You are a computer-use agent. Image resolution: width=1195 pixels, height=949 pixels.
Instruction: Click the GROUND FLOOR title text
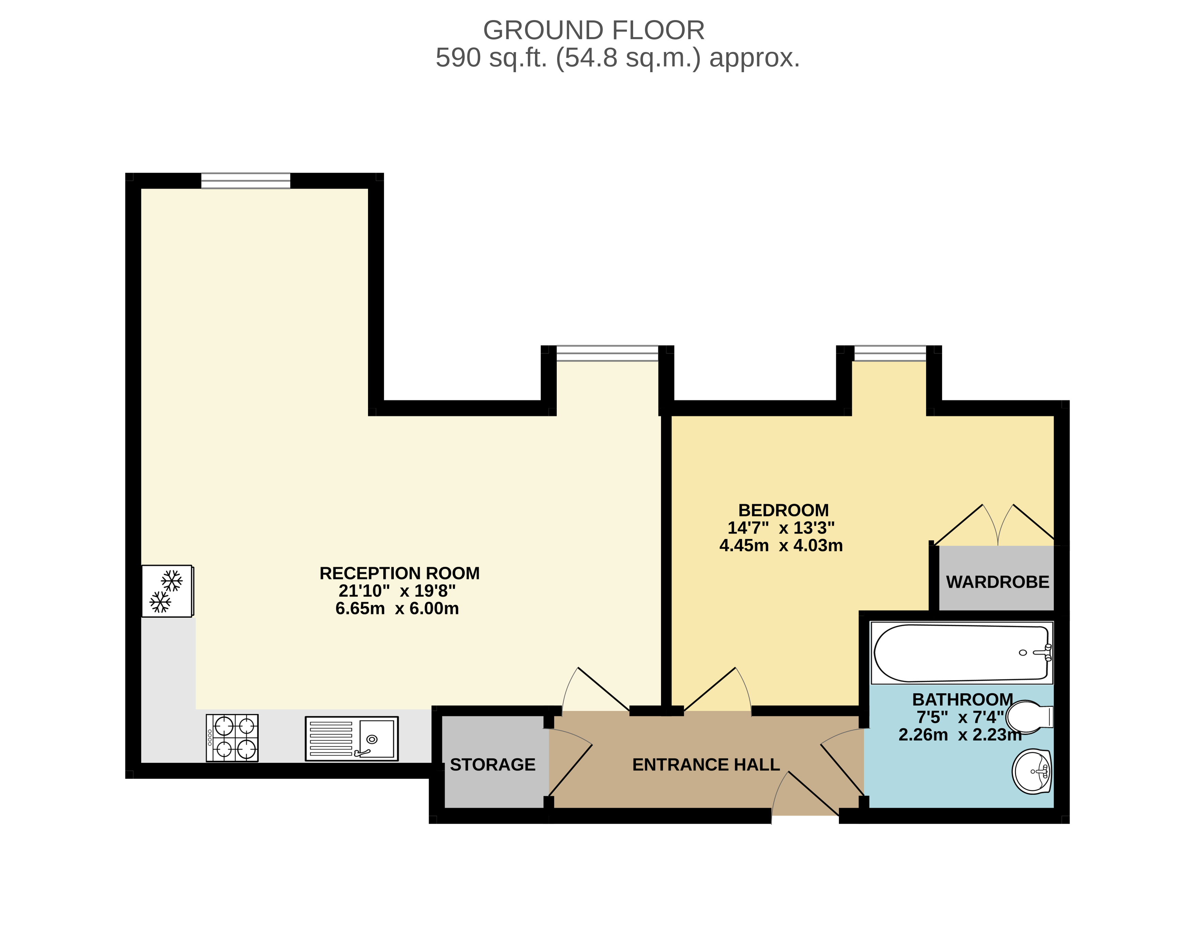pos(594,30)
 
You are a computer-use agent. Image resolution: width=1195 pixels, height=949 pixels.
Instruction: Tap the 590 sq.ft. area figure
pos(491,58)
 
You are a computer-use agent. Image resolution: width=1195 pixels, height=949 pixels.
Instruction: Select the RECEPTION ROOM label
pos(399,573)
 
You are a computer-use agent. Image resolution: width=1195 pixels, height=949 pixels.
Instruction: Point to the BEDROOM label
pos(783,510)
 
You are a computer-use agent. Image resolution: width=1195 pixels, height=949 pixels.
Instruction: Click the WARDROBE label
pos(998,582)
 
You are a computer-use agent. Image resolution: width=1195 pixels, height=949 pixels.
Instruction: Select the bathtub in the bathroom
pos(962,653)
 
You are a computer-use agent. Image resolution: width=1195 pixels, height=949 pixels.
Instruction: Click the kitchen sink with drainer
pos(351,739)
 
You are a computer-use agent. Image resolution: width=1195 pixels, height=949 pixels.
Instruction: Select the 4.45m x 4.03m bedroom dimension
pos(781,546)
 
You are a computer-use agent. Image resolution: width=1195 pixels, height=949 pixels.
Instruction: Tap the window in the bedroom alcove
pos(890,353)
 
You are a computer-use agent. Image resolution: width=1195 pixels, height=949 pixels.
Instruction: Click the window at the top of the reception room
pos(246,180)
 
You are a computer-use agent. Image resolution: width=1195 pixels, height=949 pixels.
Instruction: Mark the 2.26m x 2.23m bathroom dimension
pos(960,734)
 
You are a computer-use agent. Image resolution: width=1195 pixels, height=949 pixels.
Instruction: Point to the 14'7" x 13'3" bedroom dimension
pos(781,528)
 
